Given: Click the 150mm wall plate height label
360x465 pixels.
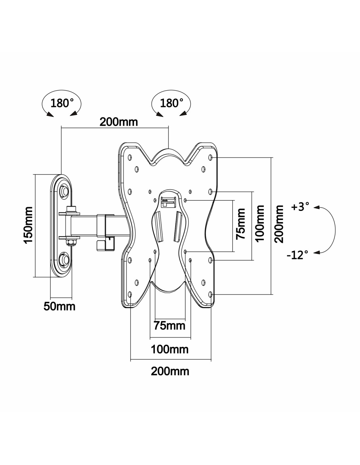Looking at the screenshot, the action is point(28,225).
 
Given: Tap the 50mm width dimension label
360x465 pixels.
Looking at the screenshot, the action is point(59,307).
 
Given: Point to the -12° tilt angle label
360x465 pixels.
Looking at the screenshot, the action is point(297,255).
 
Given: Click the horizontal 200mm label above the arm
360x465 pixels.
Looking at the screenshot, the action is point(119,122).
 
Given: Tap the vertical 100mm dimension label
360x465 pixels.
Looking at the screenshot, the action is point(260,224).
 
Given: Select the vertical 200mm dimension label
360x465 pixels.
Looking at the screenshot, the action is point(279,224).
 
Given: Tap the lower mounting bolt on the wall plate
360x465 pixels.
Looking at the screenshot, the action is point(64,259).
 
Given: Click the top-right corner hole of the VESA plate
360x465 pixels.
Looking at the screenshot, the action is point(210,158).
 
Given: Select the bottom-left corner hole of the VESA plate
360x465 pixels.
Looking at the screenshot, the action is point(130,295).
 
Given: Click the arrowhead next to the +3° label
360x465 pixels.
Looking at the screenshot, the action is point(316,207).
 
